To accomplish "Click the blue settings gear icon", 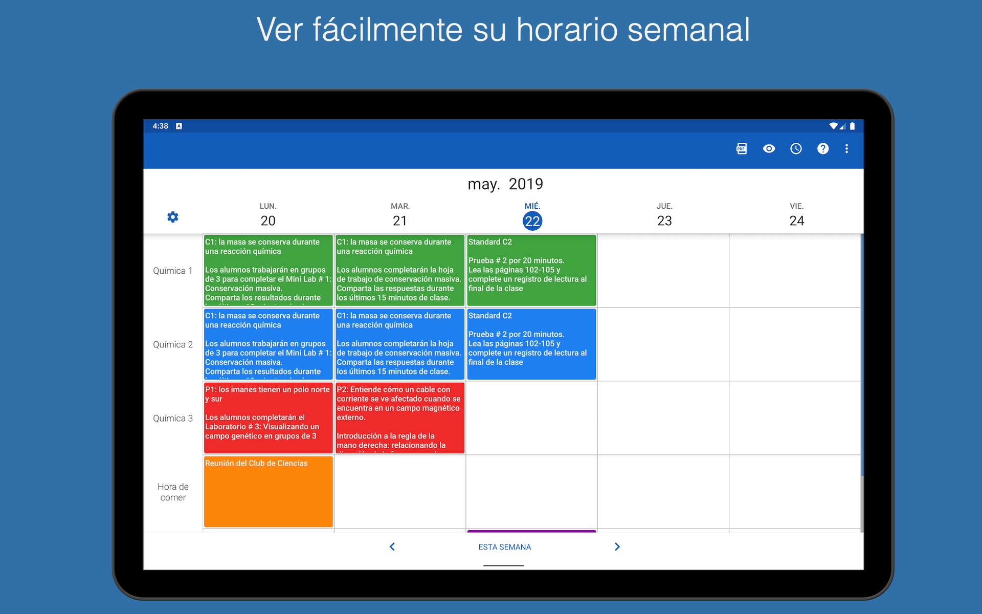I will [173, 217].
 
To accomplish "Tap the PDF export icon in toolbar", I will [741, 148].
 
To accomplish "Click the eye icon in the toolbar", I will [769, 148].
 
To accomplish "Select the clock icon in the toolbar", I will [796, 148].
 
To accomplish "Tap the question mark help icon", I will [822, 148].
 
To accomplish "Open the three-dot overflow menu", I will [846, 148].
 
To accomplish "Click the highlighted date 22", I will [532, 221].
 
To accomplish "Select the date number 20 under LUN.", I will [268, 221].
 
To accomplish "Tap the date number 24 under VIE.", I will [796, 221].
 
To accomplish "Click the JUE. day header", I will [664, 206].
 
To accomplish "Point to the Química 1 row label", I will [173, 271].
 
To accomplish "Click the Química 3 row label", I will [173, 418].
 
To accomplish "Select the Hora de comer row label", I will [173, 492].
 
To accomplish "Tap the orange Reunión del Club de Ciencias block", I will [268, 491].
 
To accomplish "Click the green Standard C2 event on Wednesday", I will [531, 270].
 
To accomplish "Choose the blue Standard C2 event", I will [531, 344].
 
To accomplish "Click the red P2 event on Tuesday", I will [400, 418].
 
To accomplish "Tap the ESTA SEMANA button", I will [504, 547].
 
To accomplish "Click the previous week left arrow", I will [392, 546].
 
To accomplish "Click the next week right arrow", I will [617, 546].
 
